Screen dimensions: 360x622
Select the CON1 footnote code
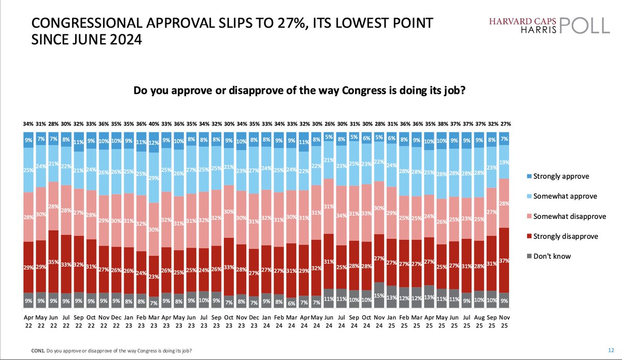click(37, 351)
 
